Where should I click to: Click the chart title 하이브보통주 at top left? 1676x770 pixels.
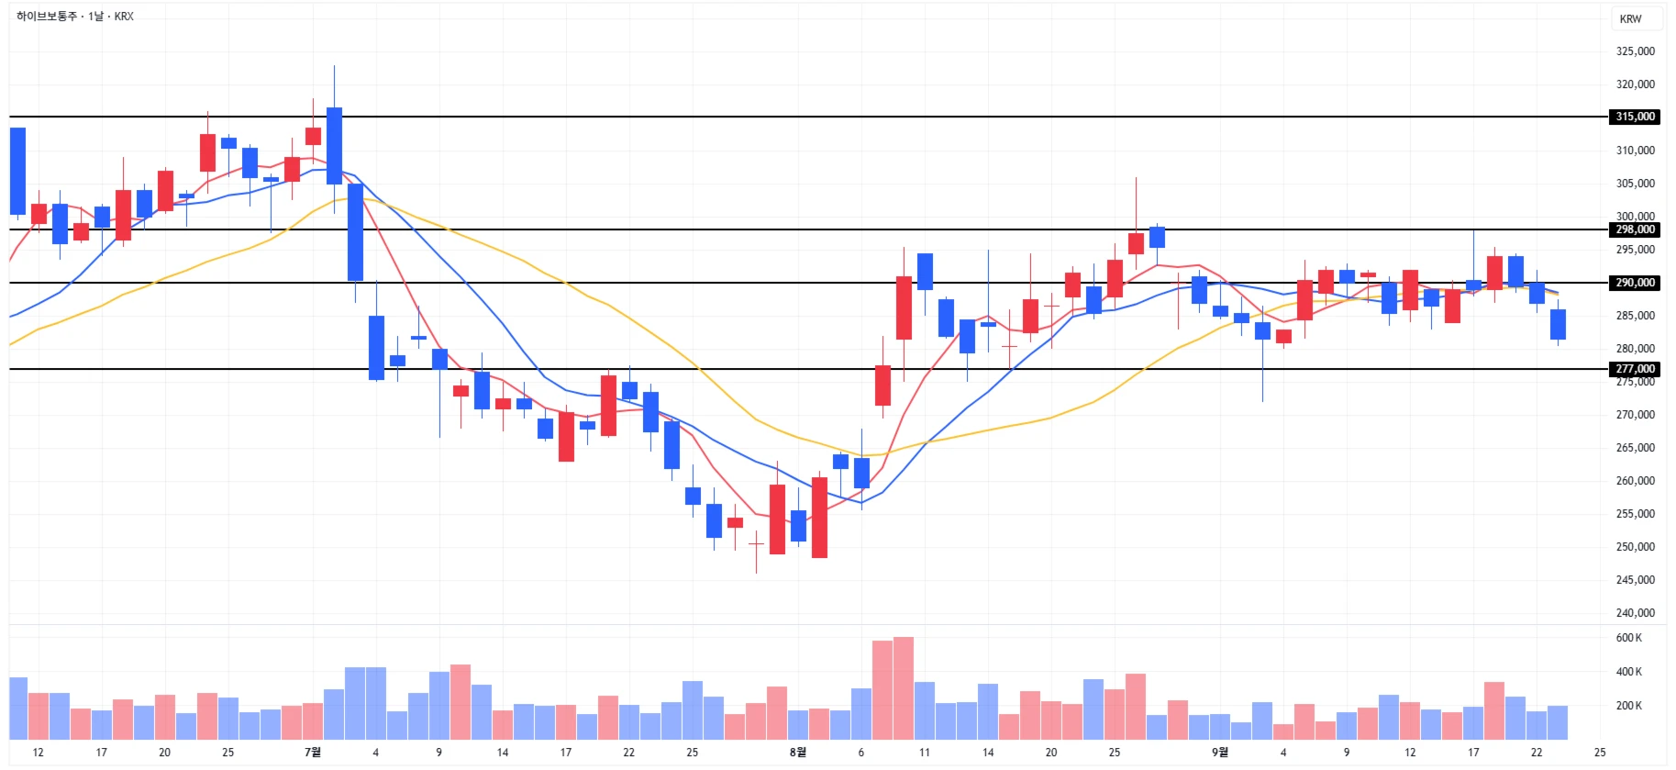[47, 17]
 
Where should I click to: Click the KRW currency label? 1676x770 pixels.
[1630, 19]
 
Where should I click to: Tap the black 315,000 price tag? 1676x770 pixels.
[1635, 117]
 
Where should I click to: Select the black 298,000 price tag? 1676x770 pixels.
[1635, 229]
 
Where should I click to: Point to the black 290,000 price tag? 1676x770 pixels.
[1635, 283]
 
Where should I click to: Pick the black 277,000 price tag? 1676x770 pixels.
[1635, 369]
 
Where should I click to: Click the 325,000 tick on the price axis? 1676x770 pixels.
[1635, 51]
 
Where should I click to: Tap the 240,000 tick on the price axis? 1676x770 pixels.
[1635, 613]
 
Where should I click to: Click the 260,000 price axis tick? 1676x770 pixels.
[1635, 481]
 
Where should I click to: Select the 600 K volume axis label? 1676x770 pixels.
[1629, 638]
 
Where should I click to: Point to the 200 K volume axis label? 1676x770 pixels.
[1629, 706]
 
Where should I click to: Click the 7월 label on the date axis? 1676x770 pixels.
[313, 753]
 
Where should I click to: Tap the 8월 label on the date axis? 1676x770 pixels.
[798, 753]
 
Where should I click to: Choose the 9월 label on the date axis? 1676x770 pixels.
[1219, 753]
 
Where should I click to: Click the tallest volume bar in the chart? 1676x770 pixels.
[904, 688]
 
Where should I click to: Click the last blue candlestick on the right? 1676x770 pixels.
[1558, 324]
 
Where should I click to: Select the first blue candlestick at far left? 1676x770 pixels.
[17, 171]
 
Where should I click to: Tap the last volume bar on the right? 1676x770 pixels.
[1558, 722]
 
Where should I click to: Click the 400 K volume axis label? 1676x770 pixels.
[1629, 672]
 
